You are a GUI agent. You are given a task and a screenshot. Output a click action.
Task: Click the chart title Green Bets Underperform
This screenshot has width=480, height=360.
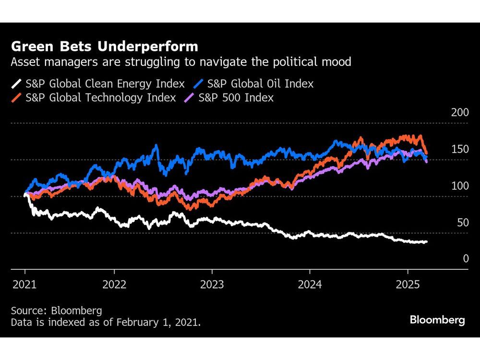[x=104, y=47]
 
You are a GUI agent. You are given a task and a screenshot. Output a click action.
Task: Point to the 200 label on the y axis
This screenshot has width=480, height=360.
[x=459, y=113]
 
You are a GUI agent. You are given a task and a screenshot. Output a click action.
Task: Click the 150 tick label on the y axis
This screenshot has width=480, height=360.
[x=459, y=149]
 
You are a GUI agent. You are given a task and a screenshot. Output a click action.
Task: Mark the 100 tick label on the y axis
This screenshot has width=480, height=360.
[x=459, y=186]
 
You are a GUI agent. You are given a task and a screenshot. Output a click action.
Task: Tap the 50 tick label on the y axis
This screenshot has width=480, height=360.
[x=462, y=222]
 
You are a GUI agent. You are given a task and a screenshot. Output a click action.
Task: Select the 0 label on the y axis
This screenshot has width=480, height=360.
[x=465, y=259]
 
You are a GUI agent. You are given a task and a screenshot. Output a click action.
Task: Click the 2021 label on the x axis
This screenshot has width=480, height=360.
[x=24, y=284]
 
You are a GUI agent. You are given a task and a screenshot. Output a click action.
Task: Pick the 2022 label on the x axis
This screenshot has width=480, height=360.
[x=114, y=284]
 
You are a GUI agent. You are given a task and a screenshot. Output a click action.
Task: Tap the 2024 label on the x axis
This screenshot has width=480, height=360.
[x=310, y=284]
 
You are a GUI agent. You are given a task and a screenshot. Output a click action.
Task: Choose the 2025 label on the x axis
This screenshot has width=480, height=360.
[x=407, y=284]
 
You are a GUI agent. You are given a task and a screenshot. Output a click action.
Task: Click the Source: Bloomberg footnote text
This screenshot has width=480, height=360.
[x=57, y=311]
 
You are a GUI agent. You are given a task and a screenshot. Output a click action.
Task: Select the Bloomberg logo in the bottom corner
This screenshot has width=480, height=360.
[x=437, y=320]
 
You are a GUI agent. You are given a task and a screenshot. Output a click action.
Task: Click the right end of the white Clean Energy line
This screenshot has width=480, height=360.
[x=426, y=242]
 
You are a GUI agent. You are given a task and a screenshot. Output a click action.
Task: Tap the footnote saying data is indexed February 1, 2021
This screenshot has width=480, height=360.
[x=106, y=323]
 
